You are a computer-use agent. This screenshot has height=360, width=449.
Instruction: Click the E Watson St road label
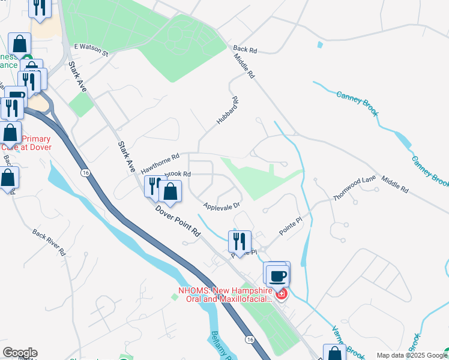coord(91,50)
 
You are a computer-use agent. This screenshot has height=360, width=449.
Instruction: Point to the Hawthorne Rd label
coord(160,163)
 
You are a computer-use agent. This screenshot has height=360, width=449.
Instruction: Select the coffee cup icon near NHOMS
coord(277,275)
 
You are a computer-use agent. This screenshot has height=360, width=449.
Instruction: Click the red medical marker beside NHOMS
coord(281,294)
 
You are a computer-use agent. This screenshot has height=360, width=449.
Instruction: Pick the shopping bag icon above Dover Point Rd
coord(170,192)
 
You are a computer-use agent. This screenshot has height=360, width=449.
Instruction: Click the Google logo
coord(19,353)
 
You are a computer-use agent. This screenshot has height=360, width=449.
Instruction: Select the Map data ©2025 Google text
coord(411,355)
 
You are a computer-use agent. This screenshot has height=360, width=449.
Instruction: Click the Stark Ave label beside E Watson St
coord(78,77)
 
